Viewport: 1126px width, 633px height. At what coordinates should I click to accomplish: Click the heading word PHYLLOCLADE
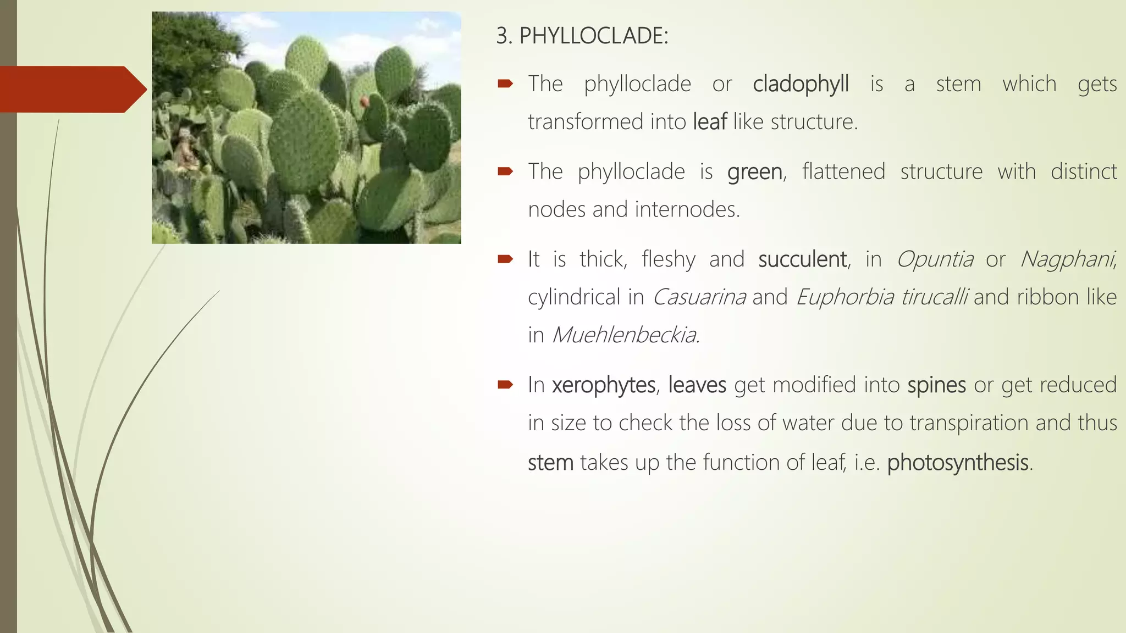593,36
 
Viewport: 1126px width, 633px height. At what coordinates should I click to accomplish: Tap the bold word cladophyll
801,85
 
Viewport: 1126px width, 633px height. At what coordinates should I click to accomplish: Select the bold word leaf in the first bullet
710,122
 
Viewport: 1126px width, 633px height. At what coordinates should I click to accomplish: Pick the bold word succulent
803,259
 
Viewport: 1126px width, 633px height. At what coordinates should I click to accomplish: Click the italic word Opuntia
935,259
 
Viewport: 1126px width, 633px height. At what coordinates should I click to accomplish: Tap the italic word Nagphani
1067,259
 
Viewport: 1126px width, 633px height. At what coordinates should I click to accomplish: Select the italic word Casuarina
699,297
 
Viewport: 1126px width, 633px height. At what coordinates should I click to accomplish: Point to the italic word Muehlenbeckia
625,335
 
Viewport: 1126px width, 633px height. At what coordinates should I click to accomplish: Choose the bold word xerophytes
604,385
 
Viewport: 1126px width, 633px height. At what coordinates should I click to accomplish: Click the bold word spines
936,385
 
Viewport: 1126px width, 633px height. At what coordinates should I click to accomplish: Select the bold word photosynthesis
957,463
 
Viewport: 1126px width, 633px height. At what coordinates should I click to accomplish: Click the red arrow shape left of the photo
71,90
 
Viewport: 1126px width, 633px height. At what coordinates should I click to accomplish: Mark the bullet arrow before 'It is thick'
505,259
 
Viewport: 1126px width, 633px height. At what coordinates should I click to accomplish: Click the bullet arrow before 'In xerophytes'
505,385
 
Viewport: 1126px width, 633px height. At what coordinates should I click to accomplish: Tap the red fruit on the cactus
363,102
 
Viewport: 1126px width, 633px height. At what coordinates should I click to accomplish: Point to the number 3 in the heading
501,36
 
